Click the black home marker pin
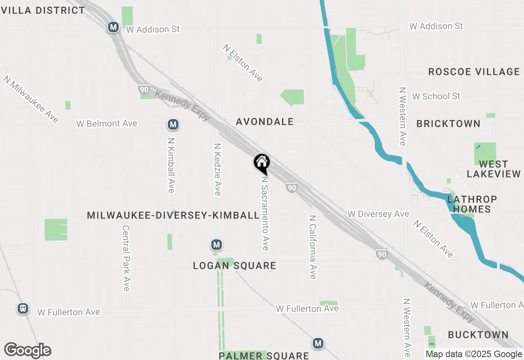pos(262,163)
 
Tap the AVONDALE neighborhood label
pos(265,122)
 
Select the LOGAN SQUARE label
pos(235,266)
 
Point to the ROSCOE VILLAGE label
pos(474,72)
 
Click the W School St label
pos(436,96)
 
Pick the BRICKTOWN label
pos(448,124)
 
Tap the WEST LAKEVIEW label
pos(493,169)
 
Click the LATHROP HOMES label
pos(472,204)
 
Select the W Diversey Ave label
pos(378,214)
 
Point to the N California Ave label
pos(313,247)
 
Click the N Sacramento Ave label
pos(265,213)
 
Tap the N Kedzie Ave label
pos(218,169)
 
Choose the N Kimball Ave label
pos(171,165)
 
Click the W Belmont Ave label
pos(107,124)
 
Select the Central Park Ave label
pos(126,258)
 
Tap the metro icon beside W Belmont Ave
pos(173,124)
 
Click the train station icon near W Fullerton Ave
pos(23,308)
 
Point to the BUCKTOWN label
pos(477,335)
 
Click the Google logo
pos(27,350)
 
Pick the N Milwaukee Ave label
pos(31,99)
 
